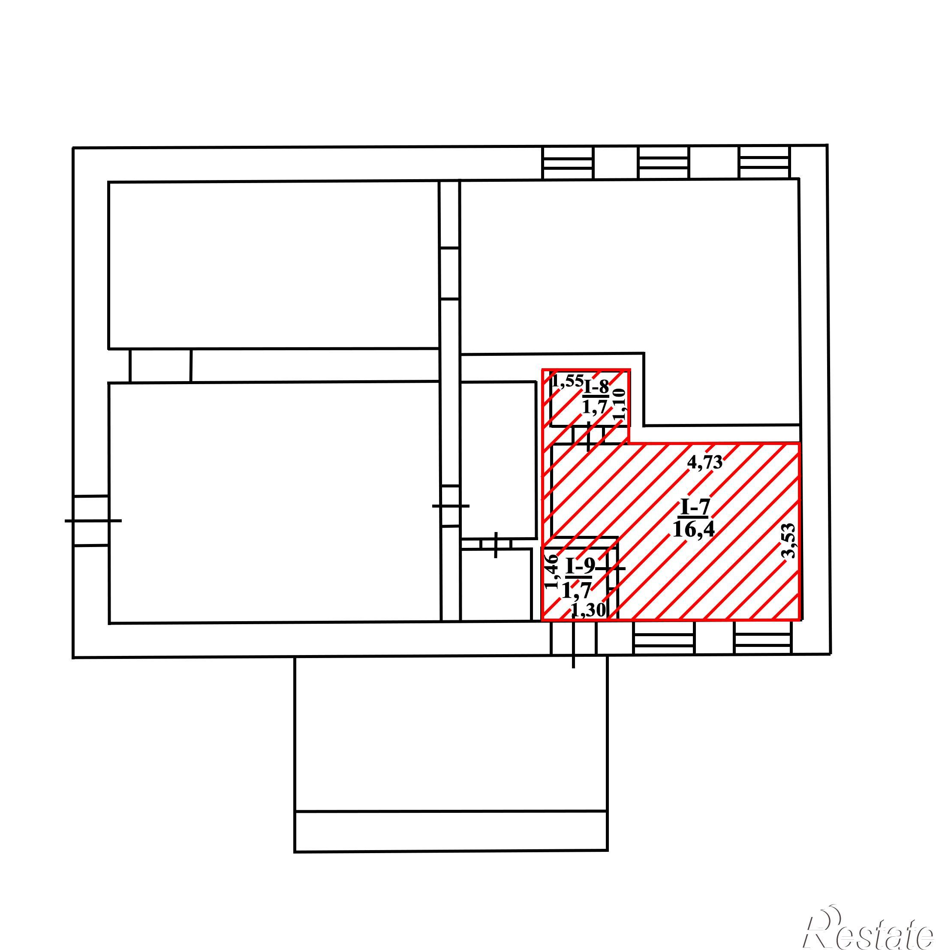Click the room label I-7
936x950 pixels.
[694, 508]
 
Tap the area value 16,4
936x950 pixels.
[694, 529]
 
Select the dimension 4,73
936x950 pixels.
[705, 462]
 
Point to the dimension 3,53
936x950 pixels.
[788, 541]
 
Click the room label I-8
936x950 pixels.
[596, 387]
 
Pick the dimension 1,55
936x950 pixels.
[567, 381]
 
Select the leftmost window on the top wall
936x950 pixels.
[568, 162]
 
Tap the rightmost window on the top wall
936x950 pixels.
[764, 162]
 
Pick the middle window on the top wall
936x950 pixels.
[664, 162]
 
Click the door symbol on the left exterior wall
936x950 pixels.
[91, 520]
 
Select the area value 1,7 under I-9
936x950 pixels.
[577, 589]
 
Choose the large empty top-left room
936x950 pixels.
[273, 265]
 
